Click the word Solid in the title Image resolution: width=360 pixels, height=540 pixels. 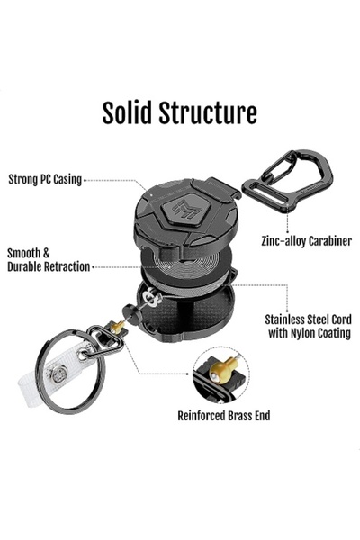127,112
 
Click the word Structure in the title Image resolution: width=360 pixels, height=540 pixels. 208,112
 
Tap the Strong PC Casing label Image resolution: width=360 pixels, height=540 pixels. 45,179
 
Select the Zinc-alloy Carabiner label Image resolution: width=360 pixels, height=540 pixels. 307,240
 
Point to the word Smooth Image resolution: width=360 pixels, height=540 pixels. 24,253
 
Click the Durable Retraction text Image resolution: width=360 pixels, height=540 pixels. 49,266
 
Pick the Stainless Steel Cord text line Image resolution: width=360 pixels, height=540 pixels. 309,319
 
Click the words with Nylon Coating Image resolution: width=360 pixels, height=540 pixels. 310,333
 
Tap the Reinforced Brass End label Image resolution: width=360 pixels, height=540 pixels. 224,416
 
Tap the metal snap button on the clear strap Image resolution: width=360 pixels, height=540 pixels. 58,373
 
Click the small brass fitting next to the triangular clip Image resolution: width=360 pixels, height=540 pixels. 117,327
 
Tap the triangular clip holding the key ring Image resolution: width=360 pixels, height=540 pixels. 105,342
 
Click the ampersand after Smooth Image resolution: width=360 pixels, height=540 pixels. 46,254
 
